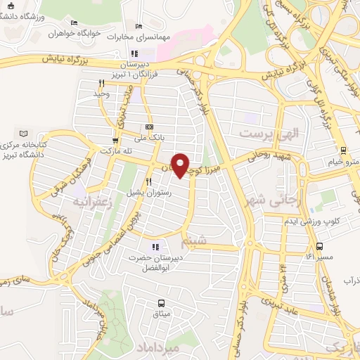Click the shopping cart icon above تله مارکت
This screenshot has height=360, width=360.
pos(115,140)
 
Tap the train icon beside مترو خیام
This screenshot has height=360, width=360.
pos(342,149)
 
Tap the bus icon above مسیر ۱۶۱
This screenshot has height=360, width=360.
pos(320,246)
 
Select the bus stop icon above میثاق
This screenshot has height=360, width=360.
pos(161,303)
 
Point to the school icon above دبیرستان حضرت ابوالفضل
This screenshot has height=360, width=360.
pos(155,247)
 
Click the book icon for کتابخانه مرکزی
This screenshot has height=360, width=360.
pos(25,133)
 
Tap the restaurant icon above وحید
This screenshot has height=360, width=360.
pos(102,83)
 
